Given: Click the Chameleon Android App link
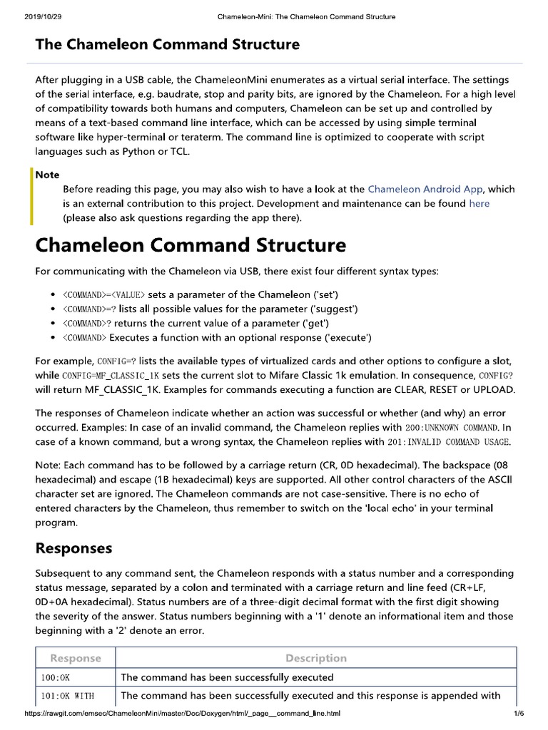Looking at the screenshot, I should (425, 189).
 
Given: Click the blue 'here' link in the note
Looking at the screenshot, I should (479, 203).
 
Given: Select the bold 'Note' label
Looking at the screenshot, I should (48, 175).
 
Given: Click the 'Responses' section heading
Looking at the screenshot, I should (73, 548).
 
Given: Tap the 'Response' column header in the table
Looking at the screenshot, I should (75, 658).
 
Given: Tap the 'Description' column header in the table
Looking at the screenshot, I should (315, 658).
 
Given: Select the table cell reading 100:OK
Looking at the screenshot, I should (56, 677).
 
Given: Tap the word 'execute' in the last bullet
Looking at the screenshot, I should (348, 337).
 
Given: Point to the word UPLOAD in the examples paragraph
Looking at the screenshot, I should (489, 389).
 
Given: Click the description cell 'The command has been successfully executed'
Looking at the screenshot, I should (227, 677).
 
